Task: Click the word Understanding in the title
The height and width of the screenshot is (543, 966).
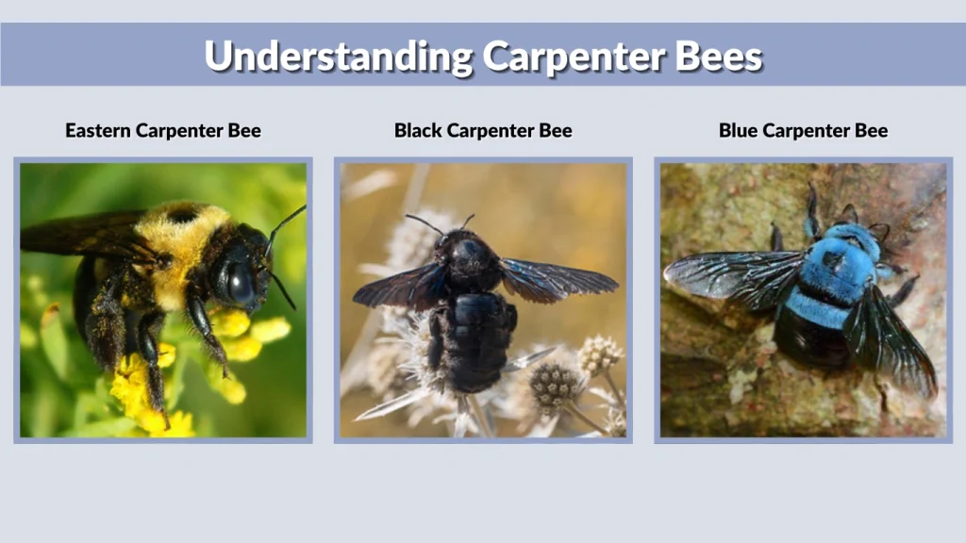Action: [x=338, y=57]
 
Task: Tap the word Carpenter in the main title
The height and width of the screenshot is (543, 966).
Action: [x=575, y=57]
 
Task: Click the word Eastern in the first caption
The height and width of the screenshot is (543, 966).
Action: [x=98, y=131]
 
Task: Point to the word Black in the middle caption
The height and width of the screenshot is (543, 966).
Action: [x=418, y=131]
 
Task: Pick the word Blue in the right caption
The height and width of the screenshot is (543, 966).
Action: [x=739, y=131]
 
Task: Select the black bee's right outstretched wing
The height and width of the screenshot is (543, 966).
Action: [x=558, y=278]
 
